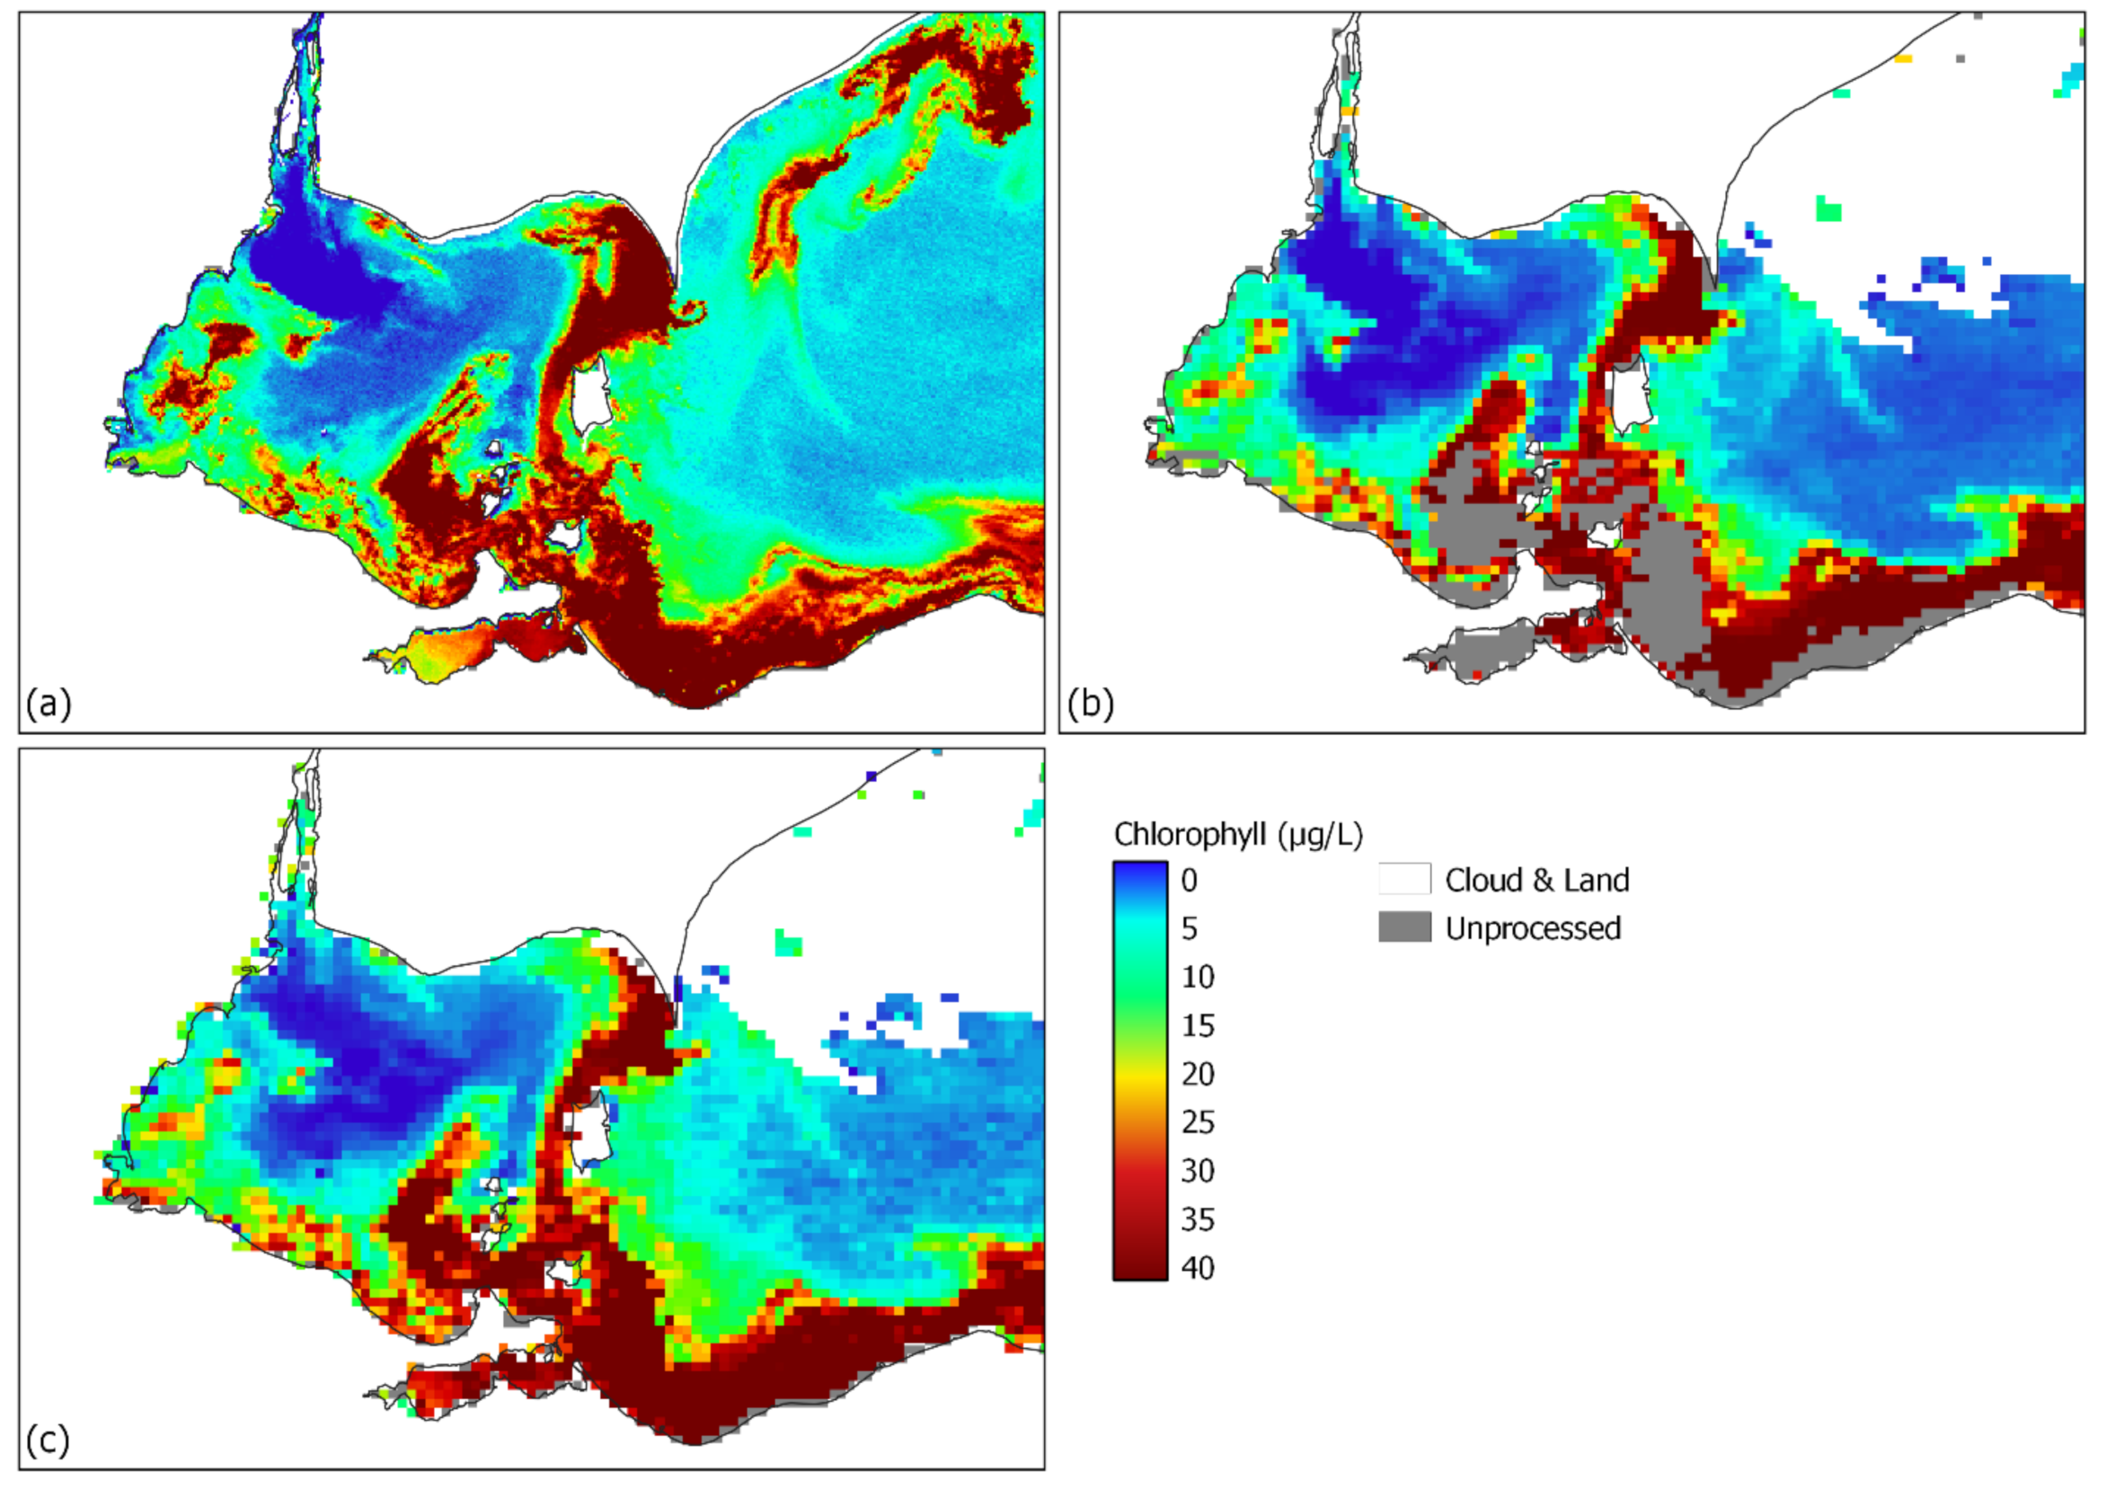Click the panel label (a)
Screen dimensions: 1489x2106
tap(48, 704)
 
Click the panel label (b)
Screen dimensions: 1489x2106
tap(1090, 704)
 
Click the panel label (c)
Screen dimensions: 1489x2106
tap(48, 1440)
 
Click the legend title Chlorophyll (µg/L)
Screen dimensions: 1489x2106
tap(1237, 834)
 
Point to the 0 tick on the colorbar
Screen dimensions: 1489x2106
tap(1189, 880)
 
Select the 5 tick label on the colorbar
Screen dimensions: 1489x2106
tap(1189, 928)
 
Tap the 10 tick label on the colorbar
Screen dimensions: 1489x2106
tap(1197, 977)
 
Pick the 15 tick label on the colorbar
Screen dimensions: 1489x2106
tap(1197, 1025)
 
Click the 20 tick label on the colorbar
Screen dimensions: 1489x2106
tap(1197, 1074)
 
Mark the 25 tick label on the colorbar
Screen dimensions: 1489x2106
tap(1197, 1122)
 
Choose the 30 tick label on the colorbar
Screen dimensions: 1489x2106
tap(1197, 1171)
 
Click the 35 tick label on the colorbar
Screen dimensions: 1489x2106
tap(1197, 1219)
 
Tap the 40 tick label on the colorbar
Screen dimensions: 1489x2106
tap(1197, 1268)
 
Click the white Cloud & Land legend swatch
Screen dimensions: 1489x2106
tap(1403, 878)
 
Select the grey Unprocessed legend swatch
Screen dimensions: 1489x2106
tap(1403, 927)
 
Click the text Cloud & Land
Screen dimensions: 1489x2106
tap(1536, 880)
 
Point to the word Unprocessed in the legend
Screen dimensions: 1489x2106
tap(1533, 928)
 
